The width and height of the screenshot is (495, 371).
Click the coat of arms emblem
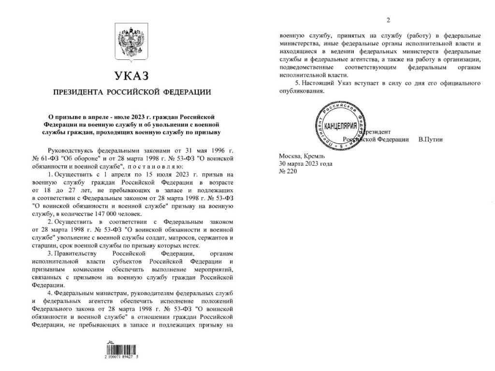pyautogui.click(x=131, y=44)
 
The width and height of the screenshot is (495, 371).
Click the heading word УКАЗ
pyautogui.click(x=131, y=76)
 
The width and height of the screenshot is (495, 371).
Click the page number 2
pyautogui.click(x=388, y=20)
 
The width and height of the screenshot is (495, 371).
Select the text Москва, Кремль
pyautogui.click(x=302, y=156)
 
